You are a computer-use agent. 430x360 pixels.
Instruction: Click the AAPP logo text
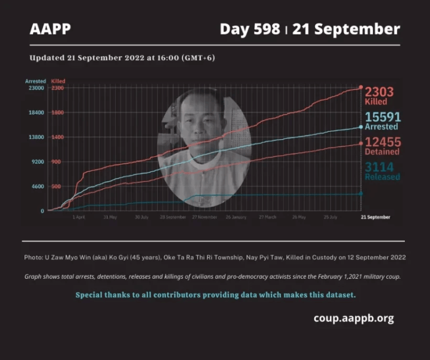(50, 29)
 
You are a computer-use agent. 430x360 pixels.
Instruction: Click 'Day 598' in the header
(250, 29)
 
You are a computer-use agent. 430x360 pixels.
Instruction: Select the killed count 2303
(379, 92)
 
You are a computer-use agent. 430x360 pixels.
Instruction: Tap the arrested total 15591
(382, 117)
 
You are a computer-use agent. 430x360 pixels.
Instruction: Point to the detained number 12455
(382, 142)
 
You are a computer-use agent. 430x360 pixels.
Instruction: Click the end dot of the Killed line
(361, 87)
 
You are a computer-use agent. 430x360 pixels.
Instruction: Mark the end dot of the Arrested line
(361, 127)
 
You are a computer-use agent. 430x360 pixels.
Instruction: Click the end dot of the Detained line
(361, 144)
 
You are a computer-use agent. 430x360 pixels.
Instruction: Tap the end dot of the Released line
(361, 193)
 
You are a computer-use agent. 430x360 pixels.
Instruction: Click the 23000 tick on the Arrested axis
(36, 88)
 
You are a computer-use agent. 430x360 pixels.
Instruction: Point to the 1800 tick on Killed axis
(57, 113)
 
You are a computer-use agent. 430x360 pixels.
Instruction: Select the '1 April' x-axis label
(79, 217)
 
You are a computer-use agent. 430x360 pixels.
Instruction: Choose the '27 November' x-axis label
(204, 217)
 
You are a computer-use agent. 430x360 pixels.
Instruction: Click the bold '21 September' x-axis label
(375, 217)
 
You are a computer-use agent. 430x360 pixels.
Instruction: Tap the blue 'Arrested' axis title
(35, 81)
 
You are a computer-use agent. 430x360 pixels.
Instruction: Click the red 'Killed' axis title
(58, 81)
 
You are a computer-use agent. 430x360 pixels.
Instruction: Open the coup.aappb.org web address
(353, 319)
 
